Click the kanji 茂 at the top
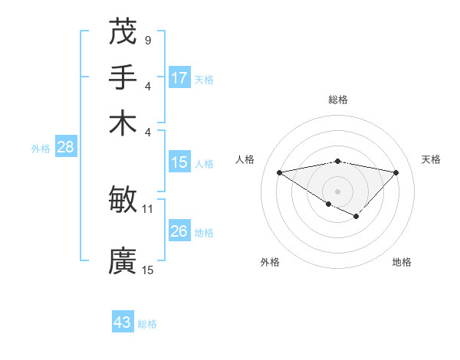123,31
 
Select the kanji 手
123,77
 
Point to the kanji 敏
123,200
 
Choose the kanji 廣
123,261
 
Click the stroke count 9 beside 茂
147,39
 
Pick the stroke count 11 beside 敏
148,208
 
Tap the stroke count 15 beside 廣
148,269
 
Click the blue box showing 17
179,77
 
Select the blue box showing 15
179,162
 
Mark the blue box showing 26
179,231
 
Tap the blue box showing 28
65,147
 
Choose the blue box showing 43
123,322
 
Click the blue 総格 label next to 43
148,324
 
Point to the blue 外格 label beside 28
41,149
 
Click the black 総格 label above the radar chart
338,100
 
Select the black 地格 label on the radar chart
402,262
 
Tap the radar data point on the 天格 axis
396,172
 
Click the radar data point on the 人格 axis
280,172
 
